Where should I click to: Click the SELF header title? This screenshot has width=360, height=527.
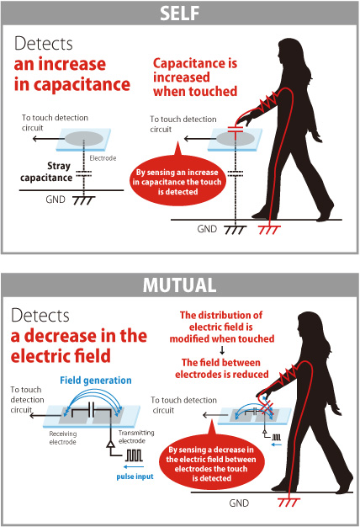pos(180,13)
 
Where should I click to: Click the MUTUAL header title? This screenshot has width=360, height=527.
pos(180,285)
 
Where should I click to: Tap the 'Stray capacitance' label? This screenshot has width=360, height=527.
pos(46,172)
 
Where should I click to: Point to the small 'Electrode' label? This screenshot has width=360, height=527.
pos(103,158)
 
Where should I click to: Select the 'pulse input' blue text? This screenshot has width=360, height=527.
pos(135,476)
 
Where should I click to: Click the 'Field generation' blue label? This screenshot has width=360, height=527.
pos(96,381)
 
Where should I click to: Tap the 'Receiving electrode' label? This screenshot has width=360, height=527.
pos(63,438)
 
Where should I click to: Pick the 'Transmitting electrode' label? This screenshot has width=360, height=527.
pos(136,437)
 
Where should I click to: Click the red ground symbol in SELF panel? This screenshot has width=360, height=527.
pos(269,230)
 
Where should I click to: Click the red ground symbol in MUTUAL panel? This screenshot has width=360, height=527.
pos(289,503)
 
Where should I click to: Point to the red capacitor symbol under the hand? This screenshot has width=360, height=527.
pos(236,130)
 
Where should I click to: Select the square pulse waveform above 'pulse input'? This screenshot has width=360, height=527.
pos(135,455)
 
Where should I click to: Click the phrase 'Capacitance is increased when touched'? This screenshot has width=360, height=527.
pos(195,77)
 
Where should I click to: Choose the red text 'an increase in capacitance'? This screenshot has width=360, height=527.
pos(71,74)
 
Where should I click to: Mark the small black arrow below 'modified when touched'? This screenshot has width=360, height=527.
pos(222,350)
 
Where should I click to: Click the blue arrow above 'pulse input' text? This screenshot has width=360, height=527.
pos(134,467)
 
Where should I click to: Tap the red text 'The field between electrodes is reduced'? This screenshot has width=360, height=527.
pos(222,369)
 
